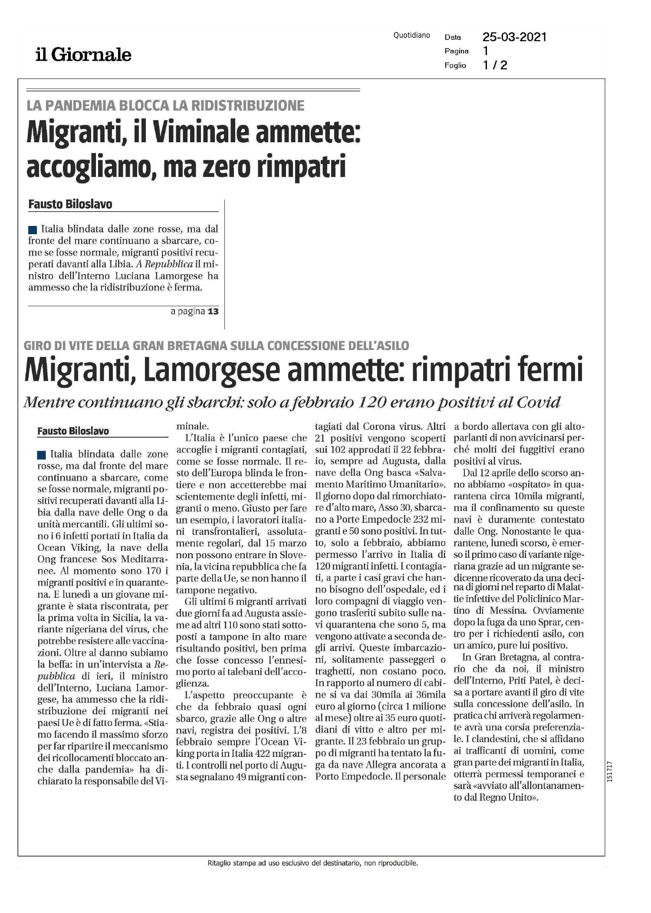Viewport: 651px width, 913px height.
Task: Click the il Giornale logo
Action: tap(83, 55)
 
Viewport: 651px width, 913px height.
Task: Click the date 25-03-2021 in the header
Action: tap(514, 37)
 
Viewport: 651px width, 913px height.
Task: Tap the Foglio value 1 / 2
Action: tap(495, 65)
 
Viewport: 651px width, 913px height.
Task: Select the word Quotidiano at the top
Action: tap(411, 36)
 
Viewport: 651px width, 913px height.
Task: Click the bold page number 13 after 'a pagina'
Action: tap(213, 311)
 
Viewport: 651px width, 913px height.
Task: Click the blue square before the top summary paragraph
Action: tap(32, 229)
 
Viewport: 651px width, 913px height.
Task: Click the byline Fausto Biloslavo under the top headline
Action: tap(70, 204)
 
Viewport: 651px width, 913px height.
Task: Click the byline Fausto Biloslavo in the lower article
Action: tap(73, 431)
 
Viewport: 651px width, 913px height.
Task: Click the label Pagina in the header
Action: tap(456, 51)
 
